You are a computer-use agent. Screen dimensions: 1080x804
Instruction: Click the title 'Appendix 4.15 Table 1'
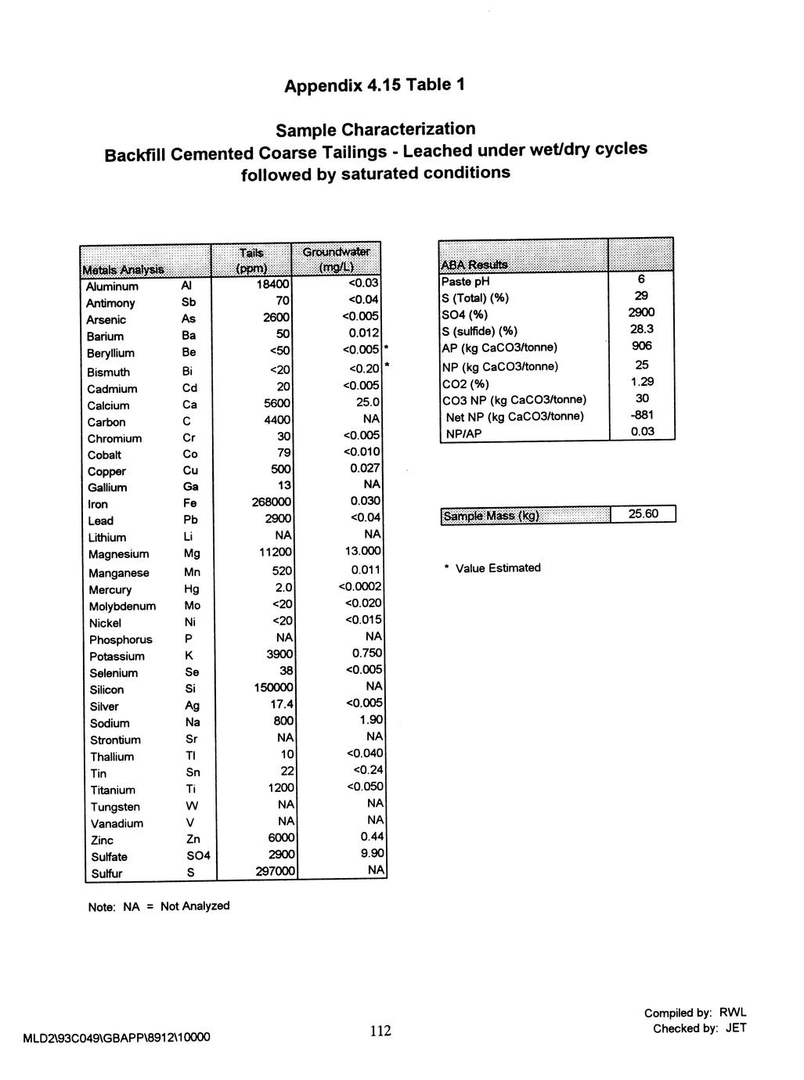(x=374, y=85)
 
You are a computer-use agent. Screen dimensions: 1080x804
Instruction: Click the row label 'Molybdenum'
(x=122, y=607)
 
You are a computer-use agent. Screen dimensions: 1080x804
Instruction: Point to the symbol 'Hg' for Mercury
(x=192, y=589)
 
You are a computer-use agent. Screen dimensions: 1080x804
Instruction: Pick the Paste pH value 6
(x=641, y=280)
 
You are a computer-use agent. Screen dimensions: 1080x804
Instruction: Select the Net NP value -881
(x=642, y=416)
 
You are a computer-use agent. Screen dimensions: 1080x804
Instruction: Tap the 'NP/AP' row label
(x=463, y=434)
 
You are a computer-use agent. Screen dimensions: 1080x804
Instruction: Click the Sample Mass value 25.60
(x=642, y=514)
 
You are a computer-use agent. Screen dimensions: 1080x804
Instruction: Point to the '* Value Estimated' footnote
(x=492, y=568)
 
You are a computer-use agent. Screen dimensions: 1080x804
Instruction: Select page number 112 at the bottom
(x=380, y=1031)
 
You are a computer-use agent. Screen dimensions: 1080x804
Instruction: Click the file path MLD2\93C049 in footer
(x=117, y=1038)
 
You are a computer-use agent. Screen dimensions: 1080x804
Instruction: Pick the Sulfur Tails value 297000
(x=273, y=873)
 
